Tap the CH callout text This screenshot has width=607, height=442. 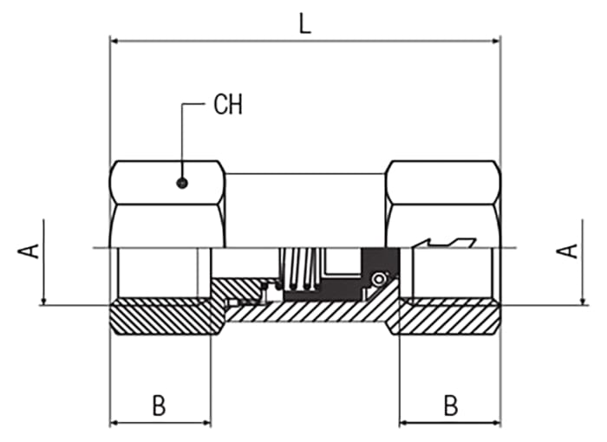(228, 104)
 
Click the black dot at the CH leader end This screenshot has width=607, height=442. (182, 183)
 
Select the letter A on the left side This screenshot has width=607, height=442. (29, 250)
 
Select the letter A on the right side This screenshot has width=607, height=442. (567, 250)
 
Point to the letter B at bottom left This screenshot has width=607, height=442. (159, 406)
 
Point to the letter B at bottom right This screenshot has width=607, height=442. (450, 406)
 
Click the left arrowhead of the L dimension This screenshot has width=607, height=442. (114, 41)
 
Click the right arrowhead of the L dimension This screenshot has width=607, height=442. (496, 41)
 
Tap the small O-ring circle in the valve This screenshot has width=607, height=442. (378, 279)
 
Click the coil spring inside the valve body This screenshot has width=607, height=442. (300, 269)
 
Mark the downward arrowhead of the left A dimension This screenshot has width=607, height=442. (43, 301)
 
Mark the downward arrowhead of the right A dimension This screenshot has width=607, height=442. (583, 301)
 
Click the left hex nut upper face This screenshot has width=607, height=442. (167, 182)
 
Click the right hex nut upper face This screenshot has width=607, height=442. (443, 182)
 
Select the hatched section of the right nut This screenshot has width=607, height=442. (449, 317)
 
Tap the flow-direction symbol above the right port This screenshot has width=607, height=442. (445, 243)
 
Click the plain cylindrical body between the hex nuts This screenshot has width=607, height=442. (305, 210)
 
